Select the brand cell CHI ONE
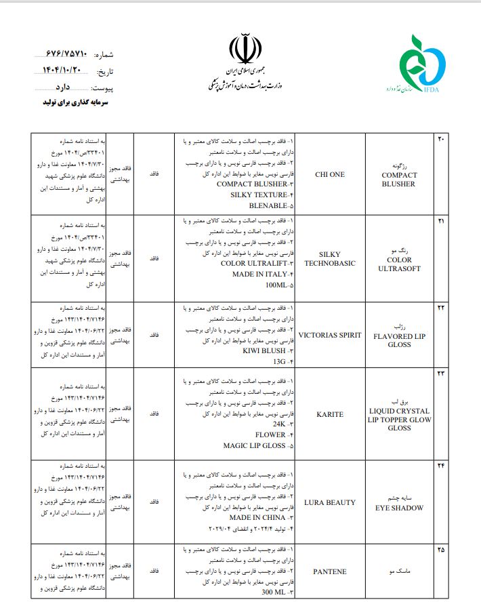pyautogui.click(x=330, y=174)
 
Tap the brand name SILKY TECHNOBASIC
pyautogui.click(x=330, y=259)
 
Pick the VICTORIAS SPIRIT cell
pyautogui.click(x=330, y=335)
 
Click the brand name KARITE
pyautogui.click(x=330, y=414)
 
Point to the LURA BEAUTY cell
pyautogui.click(x=330, y=502)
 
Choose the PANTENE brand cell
pyautogui.click(x=330, y=571)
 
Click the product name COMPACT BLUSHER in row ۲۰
pyautogui.click(x=399, y=179)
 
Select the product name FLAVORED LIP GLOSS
pyautogui.click(x=399, y=340)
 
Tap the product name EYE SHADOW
pyautogui.click(x=399, y=507)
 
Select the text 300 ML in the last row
pyautogui.click(x=274, y=593)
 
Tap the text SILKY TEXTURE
pyautogui.click(x=258, y=195)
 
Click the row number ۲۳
pyautogui.click(x=440, y=373)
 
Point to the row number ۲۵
pyautogui.click(x=440, y=549)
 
